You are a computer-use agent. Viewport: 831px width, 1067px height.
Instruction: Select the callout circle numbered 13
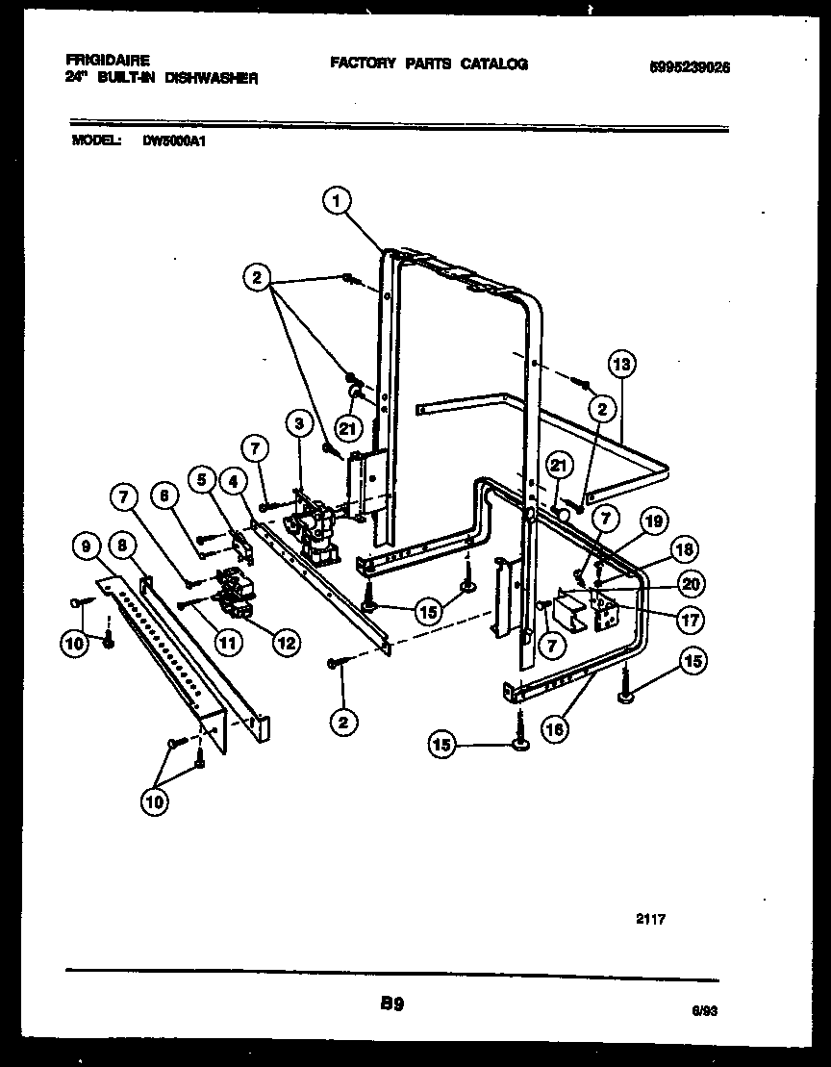(x=622, y=365)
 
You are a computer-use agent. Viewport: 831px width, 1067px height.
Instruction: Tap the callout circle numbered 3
(x=300, y=423)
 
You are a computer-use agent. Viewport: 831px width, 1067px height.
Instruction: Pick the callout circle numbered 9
(x=88, y=546)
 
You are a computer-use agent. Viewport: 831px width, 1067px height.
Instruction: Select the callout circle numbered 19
(x=653, y=523)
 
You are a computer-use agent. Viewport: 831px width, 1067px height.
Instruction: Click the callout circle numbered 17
(x=690, y=621)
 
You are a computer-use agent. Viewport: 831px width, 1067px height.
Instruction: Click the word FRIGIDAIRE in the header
(x=108, y=60)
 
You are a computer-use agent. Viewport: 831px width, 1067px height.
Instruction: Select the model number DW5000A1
(x=176, y=140)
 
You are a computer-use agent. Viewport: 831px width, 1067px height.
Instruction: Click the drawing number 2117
(x=650, y=920)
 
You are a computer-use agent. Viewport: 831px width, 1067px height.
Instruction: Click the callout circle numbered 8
(x=122, y=546)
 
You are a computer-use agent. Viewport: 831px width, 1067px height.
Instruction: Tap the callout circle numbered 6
(x=164, y=495)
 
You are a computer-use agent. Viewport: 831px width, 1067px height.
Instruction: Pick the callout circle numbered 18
(x=687, y=551)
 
